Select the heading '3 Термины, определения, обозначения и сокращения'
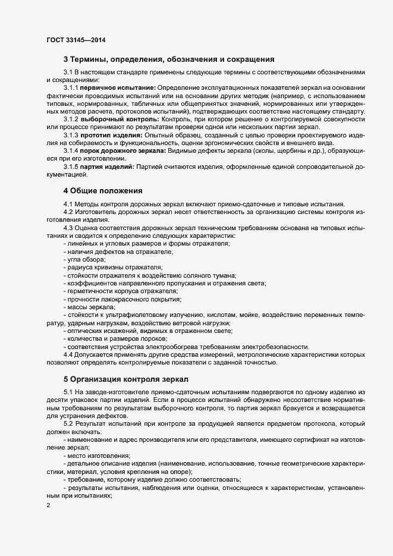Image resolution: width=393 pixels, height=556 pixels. [168, 59]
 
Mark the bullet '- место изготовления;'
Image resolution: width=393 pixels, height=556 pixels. [96, 454]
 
